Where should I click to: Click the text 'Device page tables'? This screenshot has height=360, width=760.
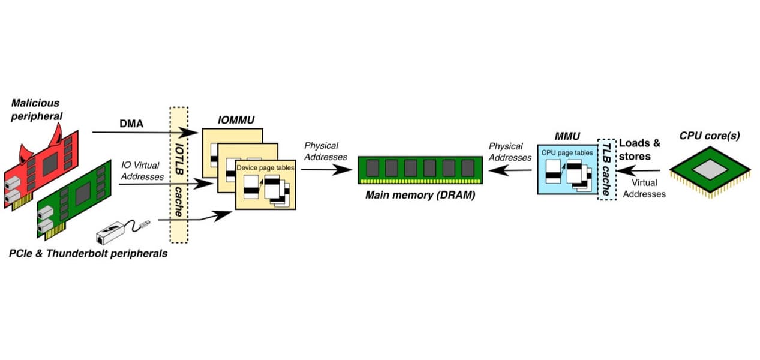[x=265, y=168]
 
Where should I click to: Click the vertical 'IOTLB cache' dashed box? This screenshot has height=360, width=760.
[x=179, y=174]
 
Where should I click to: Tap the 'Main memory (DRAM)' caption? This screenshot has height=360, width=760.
[x=420, y=194]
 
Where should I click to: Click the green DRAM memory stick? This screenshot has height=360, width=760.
[x=420, y=169]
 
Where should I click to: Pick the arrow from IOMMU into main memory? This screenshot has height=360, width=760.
[x=326, y=170]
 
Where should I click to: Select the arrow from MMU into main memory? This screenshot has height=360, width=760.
[x=510, y=170]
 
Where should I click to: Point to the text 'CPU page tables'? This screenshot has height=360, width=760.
[x=567, y=152]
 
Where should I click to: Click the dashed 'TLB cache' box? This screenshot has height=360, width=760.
[x=606, y=170]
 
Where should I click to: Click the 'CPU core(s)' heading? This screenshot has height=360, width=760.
[x=710, y=136]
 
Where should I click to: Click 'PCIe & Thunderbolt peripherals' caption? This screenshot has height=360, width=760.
[x=88, y=254]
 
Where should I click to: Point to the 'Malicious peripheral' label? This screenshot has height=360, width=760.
[x=35, y=109]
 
